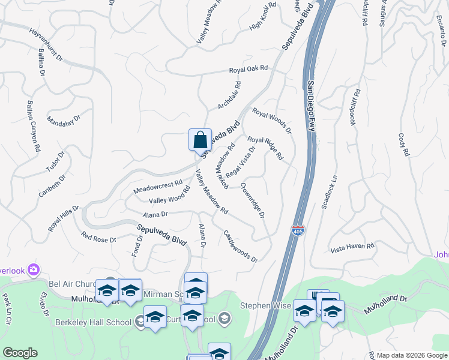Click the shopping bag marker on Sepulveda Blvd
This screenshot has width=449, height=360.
(200, 140)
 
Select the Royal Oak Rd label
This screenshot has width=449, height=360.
(248, 70)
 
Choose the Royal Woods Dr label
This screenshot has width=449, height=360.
(271, 120)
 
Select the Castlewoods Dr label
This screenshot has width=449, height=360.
(240, 247)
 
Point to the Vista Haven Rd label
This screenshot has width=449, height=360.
(352, 246)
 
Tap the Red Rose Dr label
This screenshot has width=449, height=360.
(98, 238)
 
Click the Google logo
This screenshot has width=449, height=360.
(20, 353)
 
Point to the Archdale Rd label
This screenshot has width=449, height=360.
(229, 95)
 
